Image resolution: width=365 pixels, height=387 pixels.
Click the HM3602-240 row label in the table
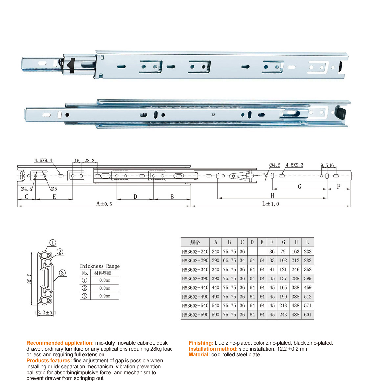(x=195, y=252)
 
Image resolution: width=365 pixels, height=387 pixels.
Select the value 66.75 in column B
(x=229, y=260)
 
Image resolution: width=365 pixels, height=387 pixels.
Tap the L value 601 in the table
(x=308, y=315)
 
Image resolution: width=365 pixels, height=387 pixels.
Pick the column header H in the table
(x=296, y=242)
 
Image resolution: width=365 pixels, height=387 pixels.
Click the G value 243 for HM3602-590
(x=283, y=315)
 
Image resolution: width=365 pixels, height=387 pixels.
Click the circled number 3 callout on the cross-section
(x=62, y=273)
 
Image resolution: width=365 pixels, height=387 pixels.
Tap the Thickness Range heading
(x=100, y=266)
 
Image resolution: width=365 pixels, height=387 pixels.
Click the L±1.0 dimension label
(x=270, y=204)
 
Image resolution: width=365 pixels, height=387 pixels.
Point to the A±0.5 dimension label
(x=104, y=204)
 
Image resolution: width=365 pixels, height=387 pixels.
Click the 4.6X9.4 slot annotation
(x=43, y=161)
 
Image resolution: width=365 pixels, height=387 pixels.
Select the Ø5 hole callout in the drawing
(x=53, y=189)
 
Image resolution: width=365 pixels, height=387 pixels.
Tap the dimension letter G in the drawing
(x=299, y=186)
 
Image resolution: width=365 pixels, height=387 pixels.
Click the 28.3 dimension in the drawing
(x=89, y=161)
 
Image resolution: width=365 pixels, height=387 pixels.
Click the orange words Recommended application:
(x=60, y=343)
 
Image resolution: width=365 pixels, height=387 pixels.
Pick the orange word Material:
(x=199, y=355)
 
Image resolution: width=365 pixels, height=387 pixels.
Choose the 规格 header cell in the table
(x=195, y=242)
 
